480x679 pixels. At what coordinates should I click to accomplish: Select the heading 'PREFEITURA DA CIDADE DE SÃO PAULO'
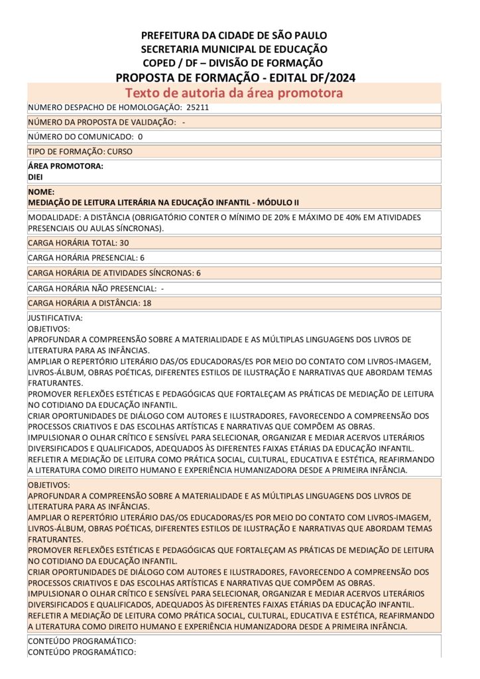pos(234,35)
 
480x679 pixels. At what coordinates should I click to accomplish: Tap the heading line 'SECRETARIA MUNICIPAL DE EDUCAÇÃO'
pos(234,49)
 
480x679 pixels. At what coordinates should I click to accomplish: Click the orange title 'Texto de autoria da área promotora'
pos(234,93)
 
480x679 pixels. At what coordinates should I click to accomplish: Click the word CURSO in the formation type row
pos(119,151)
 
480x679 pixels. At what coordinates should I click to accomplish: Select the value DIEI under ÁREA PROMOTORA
pos(36,177)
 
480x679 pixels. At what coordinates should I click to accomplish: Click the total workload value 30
pos(124,243)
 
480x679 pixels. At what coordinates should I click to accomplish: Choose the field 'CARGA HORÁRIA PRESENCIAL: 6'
pos(86,257)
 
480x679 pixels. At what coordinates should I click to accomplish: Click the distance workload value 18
pos(147,303)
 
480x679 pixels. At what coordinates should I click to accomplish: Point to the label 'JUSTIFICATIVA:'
pos(55,318)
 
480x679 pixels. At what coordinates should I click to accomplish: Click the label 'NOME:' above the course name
pos(41,192)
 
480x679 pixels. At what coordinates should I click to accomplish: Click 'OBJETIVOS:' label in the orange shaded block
pos(48,485)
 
